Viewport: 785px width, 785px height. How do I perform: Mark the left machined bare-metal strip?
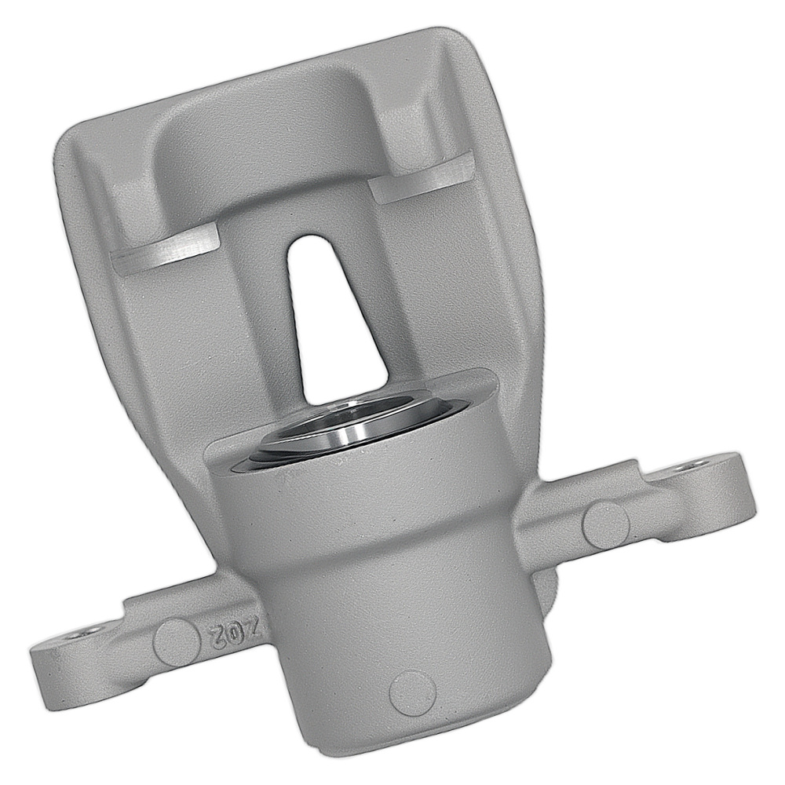pos(165,250)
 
